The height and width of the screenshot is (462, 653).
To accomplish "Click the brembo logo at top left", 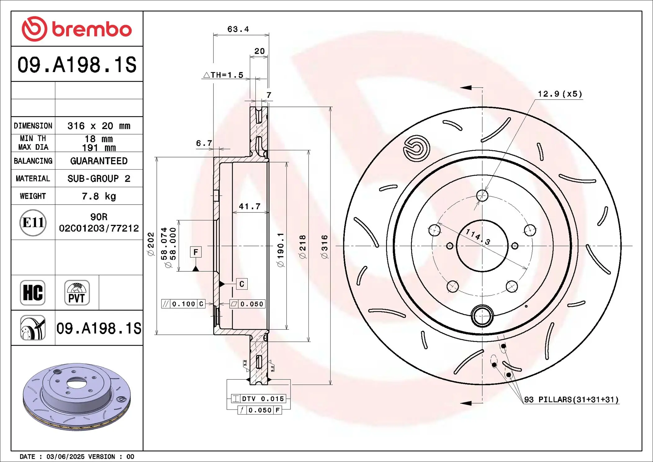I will point(77,29).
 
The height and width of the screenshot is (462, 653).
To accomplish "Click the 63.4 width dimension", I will point(238,29).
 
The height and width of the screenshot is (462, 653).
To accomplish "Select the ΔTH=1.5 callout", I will point(223,75).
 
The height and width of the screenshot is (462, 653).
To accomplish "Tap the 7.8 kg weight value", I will point(99,196).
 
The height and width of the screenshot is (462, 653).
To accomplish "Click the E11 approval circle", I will point(33,223).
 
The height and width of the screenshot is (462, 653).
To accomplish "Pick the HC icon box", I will point(33,293).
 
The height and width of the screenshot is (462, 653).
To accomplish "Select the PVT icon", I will point(77,293).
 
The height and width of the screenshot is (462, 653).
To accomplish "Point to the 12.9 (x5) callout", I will point(560,94).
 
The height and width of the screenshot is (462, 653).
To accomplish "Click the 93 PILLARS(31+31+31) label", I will point(571,400).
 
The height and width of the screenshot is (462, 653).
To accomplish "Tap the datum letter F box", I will point(196,252).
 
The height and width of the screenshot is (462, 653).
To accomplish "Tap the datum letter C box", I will point(242,284).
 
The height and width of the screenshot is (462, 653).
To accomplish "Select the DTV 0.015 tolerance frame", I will point(259,399).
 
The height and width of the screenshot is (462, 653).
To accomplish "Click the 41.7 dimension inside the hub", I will point(250,206).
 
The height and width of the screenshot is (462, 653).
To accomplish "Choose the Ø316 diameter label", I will point(324,247).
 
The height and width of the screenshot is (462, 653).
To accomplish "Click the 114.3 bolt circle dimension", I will point(478,237).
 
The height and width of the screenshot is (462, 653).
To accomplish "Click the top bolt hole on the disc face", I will point(482,196).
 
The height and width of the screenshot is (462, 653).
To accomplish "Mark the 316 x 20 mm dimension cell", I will point(99,126).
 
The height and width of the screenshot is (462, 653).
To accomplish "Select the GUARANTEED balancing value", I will point(99,161).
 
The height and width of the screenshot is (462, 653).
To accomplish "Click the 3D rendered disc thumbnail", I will point(77,397).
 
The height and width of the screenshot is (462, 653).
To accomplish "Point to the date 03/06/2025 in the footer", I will point(65,457).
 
